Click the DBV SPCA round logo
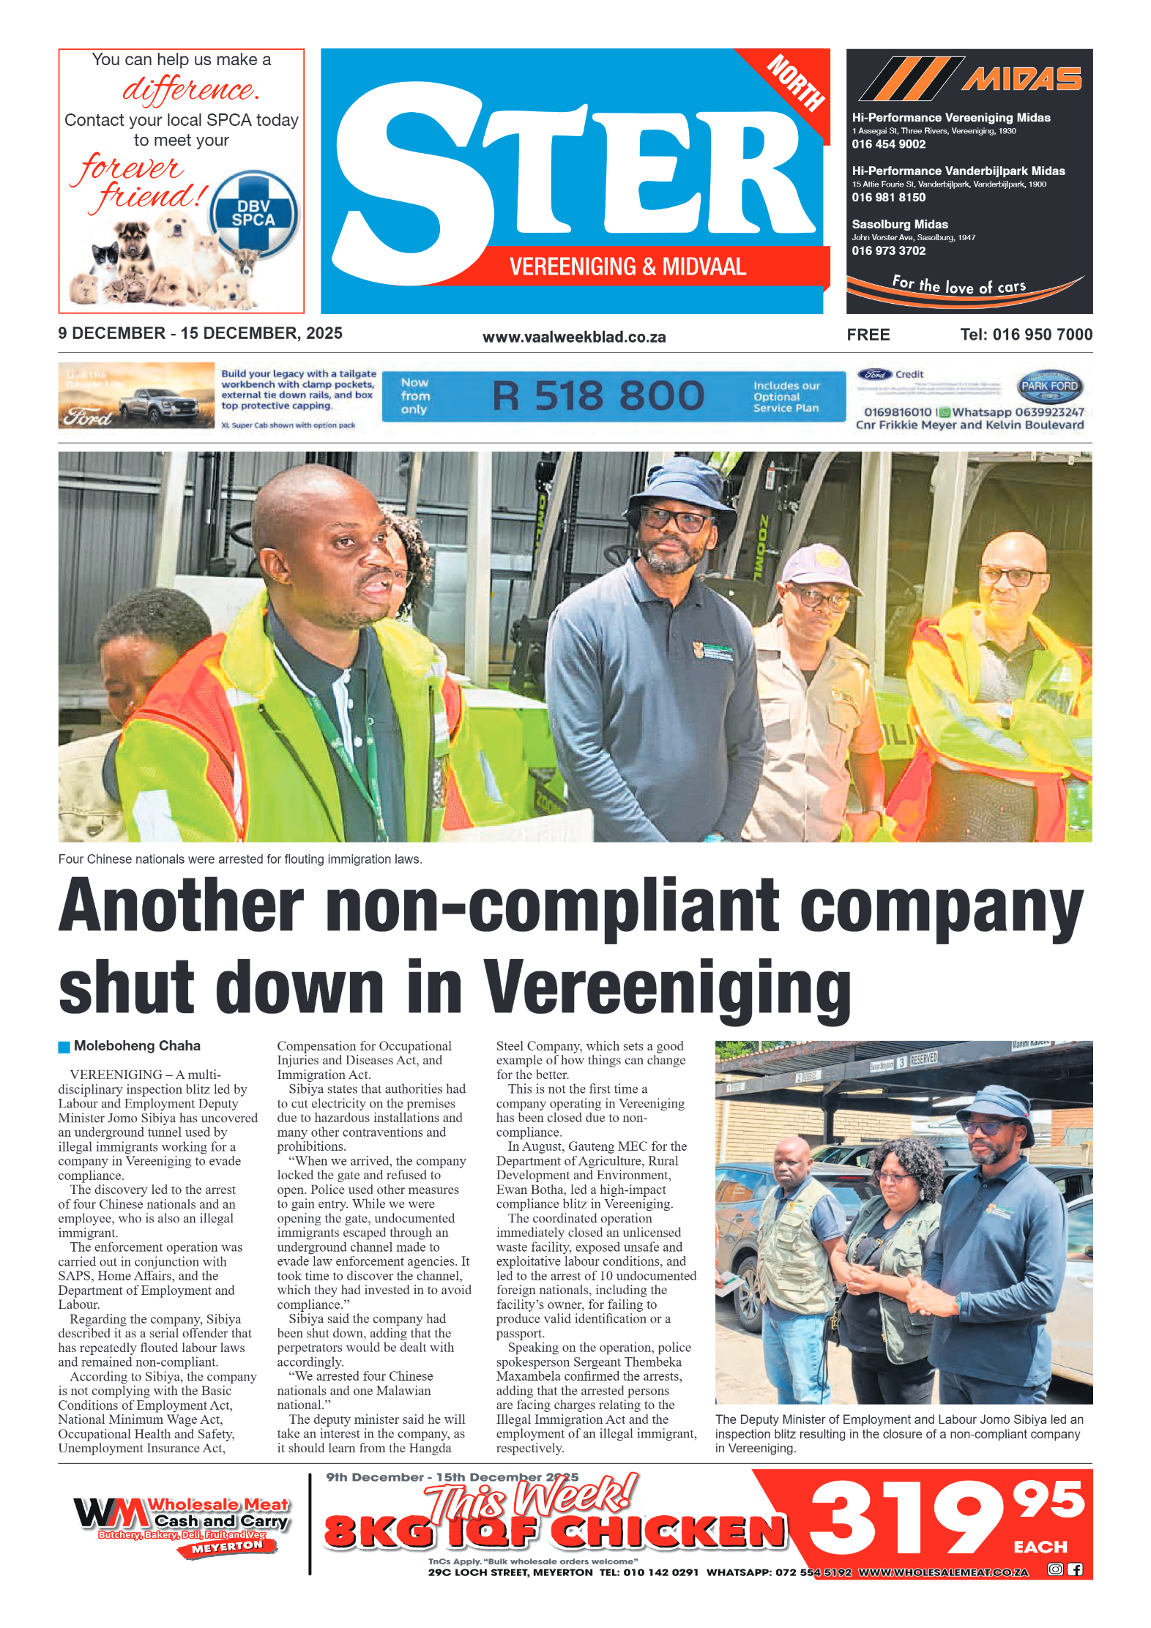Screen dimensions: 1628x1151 [253, 213]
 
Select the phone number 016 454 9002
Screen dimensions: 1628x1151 [888, 144]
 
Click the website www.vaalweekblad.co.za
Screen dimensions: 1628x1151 [574, 337]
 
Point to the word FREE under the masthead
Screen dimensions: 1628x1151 [868, 335]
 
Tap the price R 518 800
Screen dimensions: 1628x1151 [597, 396]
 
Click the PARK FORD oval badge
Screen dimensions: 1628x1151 [1049, 386]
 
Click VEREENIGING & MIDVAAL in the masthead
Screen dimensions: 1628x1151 [627, 266]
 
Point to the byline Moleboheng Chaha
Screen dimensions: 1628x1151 [137, 1046]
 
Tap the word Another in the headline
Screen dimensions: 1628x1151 [181, 906]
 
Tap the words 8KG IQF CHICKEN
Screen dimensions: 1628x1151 [554, 1531]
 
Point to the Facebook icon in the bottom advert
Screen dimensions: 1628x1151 [1074, 1569]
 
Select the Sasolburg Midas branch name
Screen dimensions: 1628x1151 [899, 224]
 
